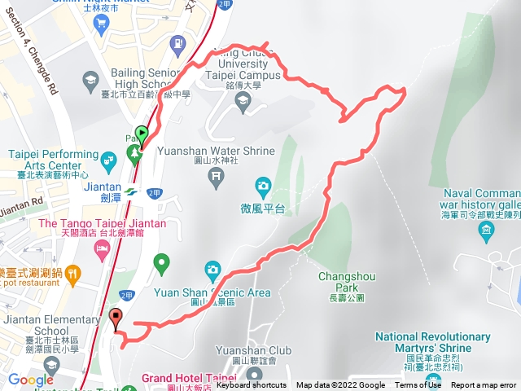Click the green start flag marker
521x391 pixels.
pyautogui.click(x=142, y=135)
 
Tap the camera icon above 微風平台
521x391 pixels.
pyautogui.click(x=263, y=186)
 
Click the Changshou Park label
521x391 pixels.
pyautogui.click(x=347, y=282)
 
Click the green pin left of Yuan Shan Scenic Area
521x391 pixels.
pyautogui.click(x=161, y=263)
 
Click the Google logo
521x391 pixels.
pyautogui.click(x=31, y=380)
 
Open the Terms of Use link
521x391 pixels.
pyautogui.click(x=418, y=385)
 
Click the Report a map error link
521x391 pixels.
pyautogui.click(x=484, y=385)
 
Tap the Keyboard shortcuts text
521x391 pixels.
pyautogui.click(x=252, y=385)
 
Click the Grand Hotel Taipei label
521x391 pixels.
pyautogui.click(x=189, y=378)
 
